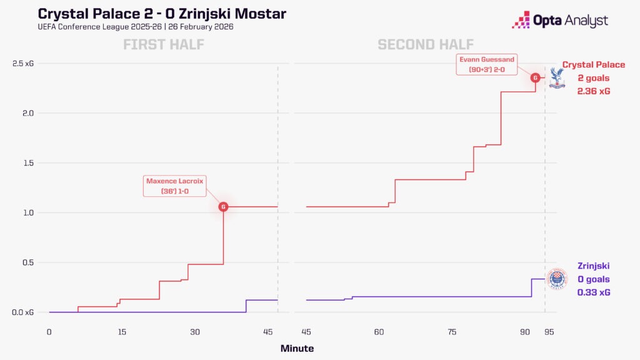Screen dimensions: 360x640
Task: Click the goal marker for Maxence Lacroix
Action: click(223, 206)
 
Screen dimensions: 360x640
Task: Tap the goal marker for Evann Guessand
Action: click(536, 77)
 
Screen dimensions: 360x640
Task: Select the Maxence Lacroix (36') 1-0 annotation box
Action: click(175, 186)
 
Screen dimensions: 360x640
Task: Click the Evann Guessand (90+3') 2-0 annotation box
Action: click(486, 64)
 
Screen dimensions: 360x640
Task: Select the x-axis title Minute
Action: click(297, 348)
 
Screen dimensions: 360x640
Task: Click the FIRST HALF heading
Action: click(164, 44)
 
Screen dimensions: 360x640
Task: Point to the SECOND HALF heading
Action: click(426, 44)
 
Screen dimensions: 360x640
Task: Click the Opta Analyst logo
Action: click(559, 21)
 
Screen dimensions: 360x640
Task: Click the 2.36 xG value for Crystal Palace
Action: click(594, 91)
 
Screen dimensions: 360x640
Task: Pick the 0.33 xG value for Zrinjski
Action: click(594, 292)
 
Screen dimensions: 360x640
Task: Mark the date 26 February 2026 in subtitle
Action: click(198, 27)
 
